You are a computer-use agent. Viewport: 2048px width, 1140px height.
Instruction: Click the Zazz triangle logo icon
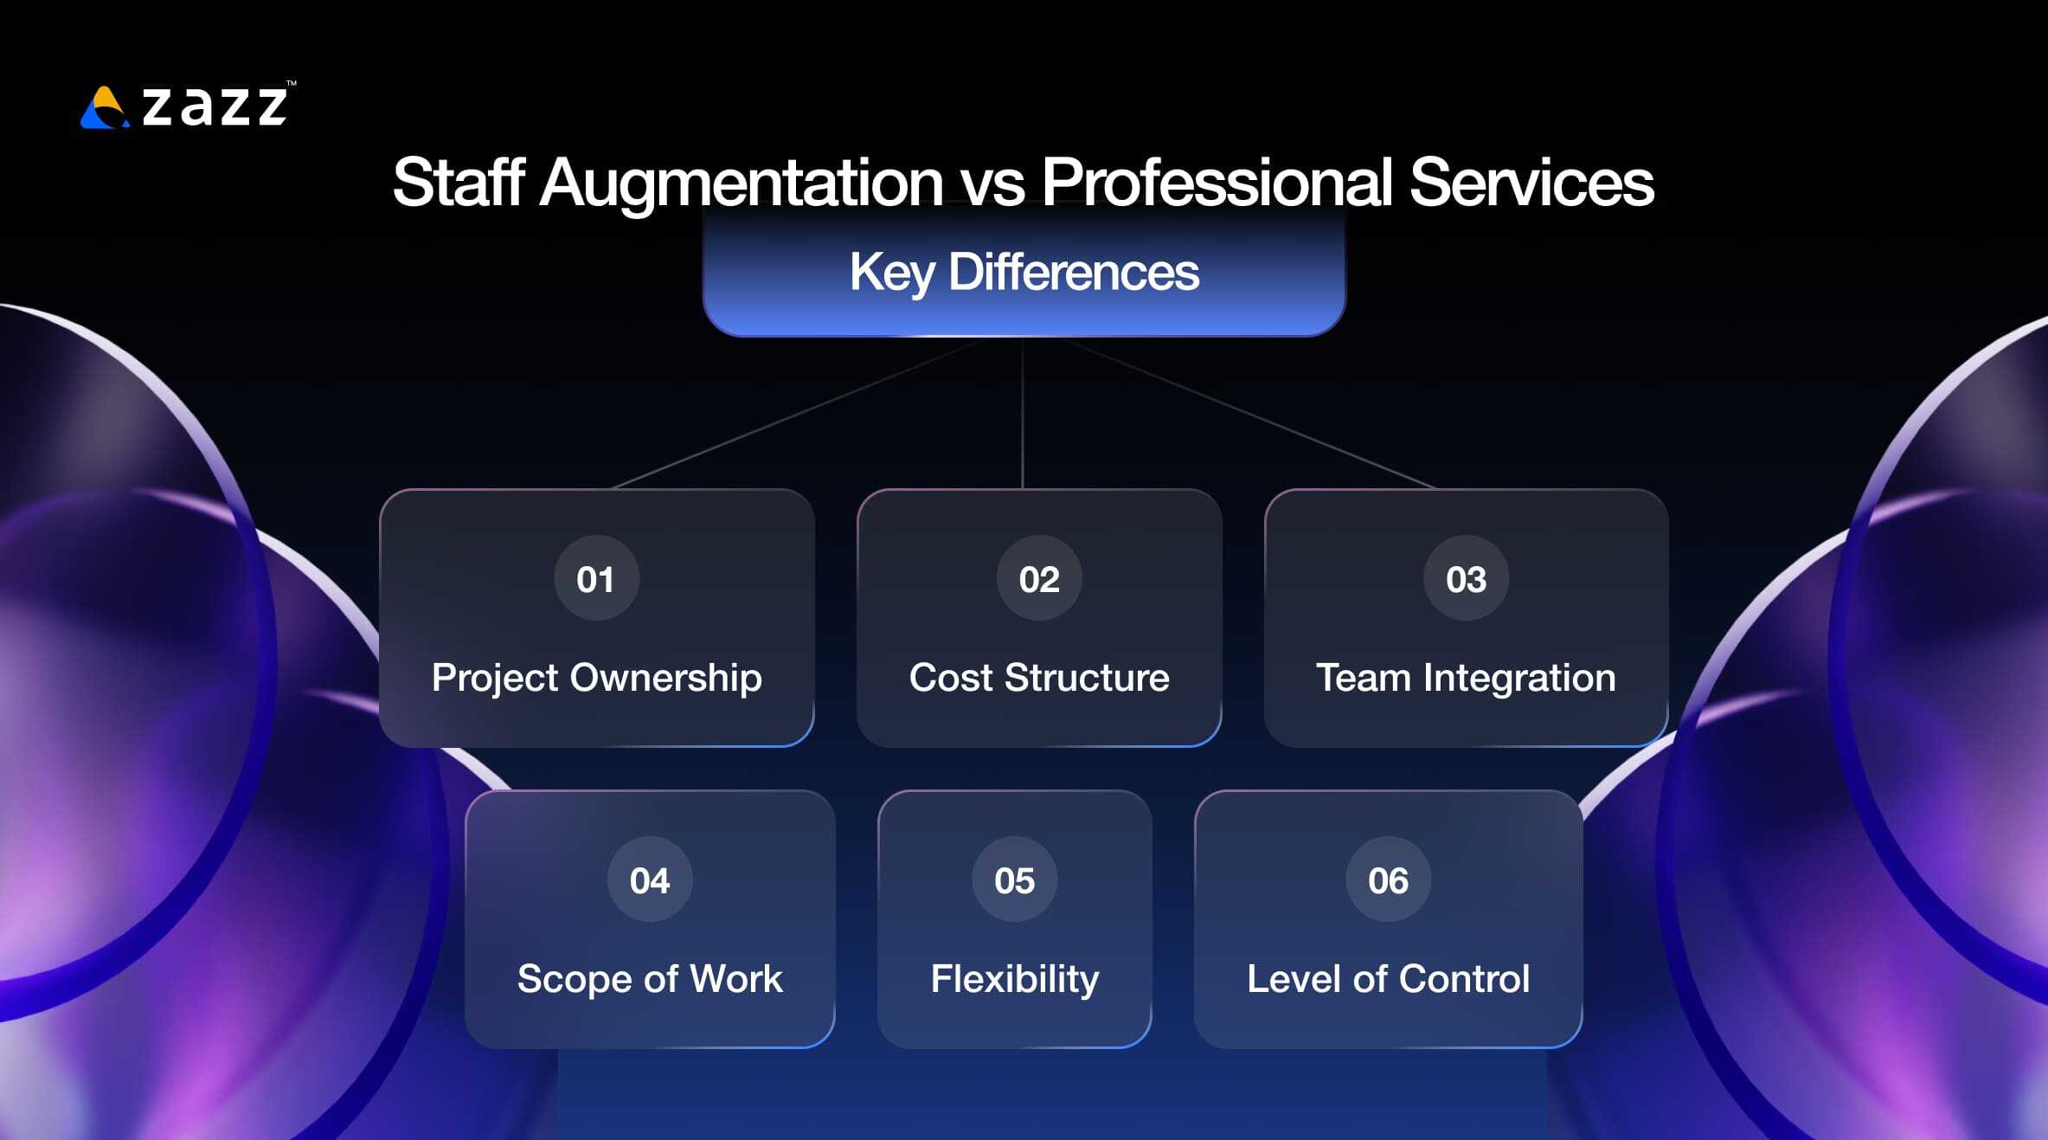[x=104, y=108]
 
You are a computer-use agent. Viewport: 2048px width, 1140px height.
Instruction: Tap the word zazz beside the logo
[x=215, y=106]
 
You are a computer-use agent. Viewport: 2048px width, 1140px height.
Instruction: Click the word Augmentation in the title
[x=741, y=183]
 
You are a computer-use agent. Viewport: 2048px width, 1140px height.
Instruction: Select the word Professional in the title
[x=1217, y=183]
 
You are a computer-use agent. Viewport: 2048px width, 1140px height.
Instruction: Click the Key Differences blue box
[x=1024, y=272]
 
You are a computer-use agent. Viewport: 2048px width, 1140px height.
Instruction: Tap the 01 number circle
[x=596, y=578]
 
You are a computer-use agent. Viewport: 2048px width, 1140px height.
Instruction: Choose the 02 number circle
[x=1039, y=578]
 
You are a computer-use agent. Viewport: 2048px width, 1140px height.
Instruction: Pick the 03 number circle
[x=1466, y=578]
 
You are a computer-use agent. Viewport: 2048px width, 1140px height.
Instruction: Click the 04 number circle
[x=650, y=879]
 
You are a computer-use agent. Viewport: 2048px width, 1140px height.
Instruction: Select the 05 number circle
[x=1014, y=879]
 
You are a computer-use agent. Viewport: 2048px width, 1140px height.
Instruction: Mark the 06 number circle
[x=1388, y=879]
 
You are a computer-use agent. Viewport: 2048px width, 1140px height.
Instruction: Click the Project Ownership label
[x=596, y=677]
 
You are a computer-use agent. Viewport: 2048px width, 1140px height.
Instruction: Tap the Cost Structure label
[x=1039, y=677]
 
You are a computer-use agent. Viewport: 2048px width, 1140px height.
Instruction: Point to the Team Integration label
[x=1466, y=677]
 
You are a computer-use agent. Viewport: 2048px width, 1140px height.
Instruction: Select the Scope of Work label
[x=650, y=978]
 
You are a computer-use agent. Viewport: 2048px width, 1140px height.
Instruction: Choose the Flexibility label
[x=1014, y=978]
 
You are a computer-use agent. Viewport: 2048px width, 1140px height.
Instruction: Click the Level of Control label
[x=1388, y=978]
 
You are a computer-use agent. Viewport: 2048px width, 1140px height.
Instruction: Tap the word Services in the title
[x=1531, y=183]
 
